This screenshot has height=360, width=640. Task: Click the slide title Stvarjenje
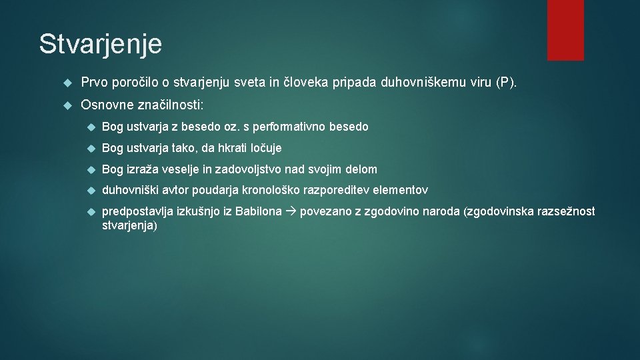(x=100, y=44)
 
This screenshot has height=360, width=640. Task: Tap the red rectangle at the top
(x=565, y=30)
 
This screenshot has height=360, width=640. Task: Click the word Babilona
(x=261, y=212)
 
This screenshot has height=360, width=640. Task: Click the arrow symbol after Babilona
(x=291, y=213)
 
